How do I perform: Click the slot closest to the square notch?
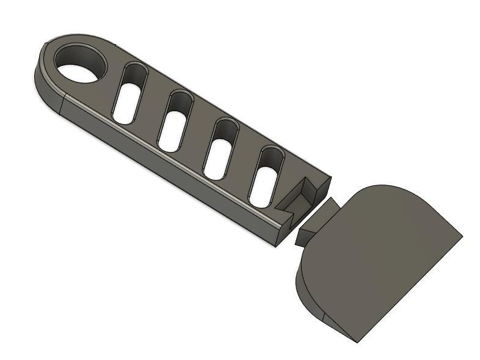click(266, 177)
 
